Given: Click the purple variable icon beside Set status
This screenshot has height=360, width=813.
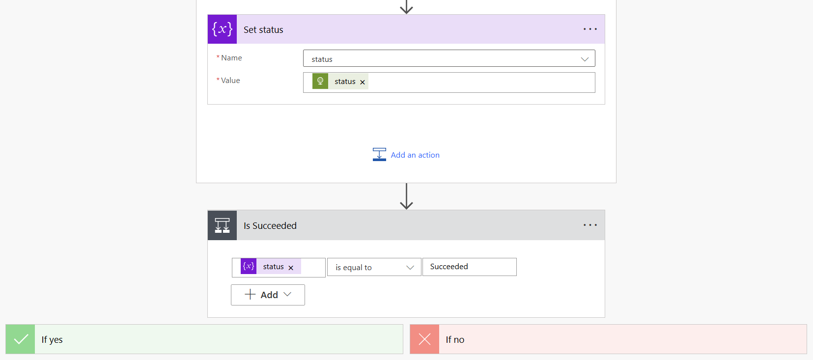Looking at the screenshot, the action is pos(222,29).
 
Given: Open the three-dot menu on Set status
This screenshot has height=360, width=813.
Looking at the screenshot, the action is pos(590,29).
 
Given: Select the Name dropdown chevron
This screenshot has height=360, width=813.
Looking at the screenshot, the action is pos(585,59).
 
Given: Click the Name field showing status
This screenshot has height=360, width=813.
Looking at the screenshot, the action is pos(449,58).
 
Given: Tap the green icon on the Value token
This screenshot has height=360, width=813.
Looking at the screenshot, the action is pos(320,81).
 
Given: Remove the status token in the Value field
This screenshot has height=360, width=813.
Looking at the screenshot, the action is pos(362,82).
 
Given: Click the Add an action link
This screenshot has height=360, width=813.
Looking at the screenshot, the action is pos(415,155).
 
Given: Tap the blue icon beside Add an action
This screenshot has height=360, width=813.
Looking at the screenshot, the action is pos(379,155).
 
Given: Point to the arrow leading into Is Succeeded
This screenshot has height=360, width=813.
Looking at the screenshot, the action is pos(407,196).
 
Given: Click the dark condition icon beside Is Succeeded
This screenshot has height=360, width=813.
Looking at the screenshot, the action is pos(222,225).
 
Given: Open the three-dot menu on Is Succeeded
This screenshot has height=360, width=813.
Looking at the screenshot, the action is pos(590,225).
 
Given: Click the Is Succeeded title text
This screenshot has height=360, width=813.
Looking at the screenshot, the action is pos(270,226).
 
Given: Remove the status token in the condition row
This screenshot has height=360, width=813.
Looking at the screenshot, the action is pos(291,268).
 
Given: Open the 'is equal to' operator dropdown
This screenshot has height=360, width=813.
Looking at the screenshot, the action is pos(374,267).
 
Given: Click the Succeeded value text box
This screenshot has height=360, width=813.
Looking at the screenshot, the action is pos(469,267).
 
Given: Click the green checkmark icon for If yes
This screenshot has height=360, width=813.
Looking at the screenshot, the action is pos(20,339).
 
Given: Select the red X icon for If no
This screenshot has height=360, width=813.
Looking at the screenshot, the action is pos(424,339).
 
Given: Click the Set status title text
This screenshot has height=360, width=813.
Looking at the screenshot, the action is pos(263,30).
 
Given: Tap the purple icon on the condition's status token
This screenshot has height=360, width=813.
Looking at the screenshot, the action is pos(249,266).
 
